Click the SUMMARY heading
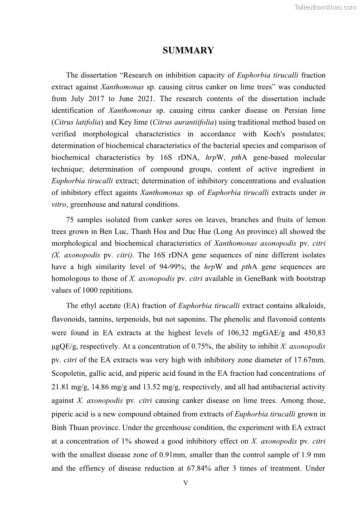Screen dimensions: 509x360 (188, 50)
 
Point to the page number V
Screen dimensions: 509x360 (185, 483)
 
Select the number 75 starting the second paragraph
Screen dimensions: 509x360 (70, 220)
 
